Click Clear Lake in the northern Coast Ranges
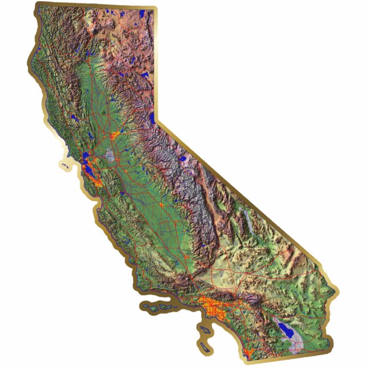pos(74,117)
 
